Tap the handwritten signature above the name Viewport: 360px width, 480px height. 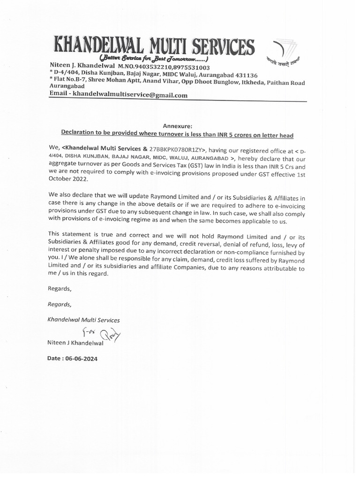coord(101,334)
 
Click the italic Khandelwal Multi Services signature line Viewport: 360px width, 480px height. coord(83,320)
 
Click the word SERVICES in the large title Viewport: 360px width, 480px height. coord(217,47)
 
